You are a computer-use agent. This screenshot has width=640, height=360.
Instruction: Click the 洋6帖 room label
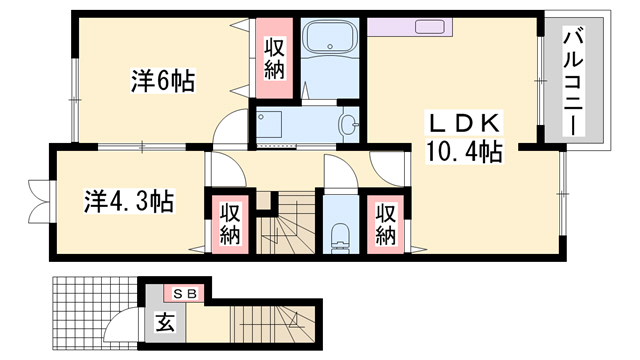[x=162, y=79]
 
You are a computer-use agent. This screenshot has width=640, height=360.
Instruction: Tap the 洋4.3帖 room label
[x=129, y=201]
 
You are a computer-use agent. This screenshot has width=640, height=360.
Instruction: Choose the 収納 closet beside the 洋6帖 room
[x=274, y=58]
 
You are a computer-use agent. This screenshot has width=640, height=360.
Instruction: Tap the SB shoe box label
[x=185, y=293]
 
